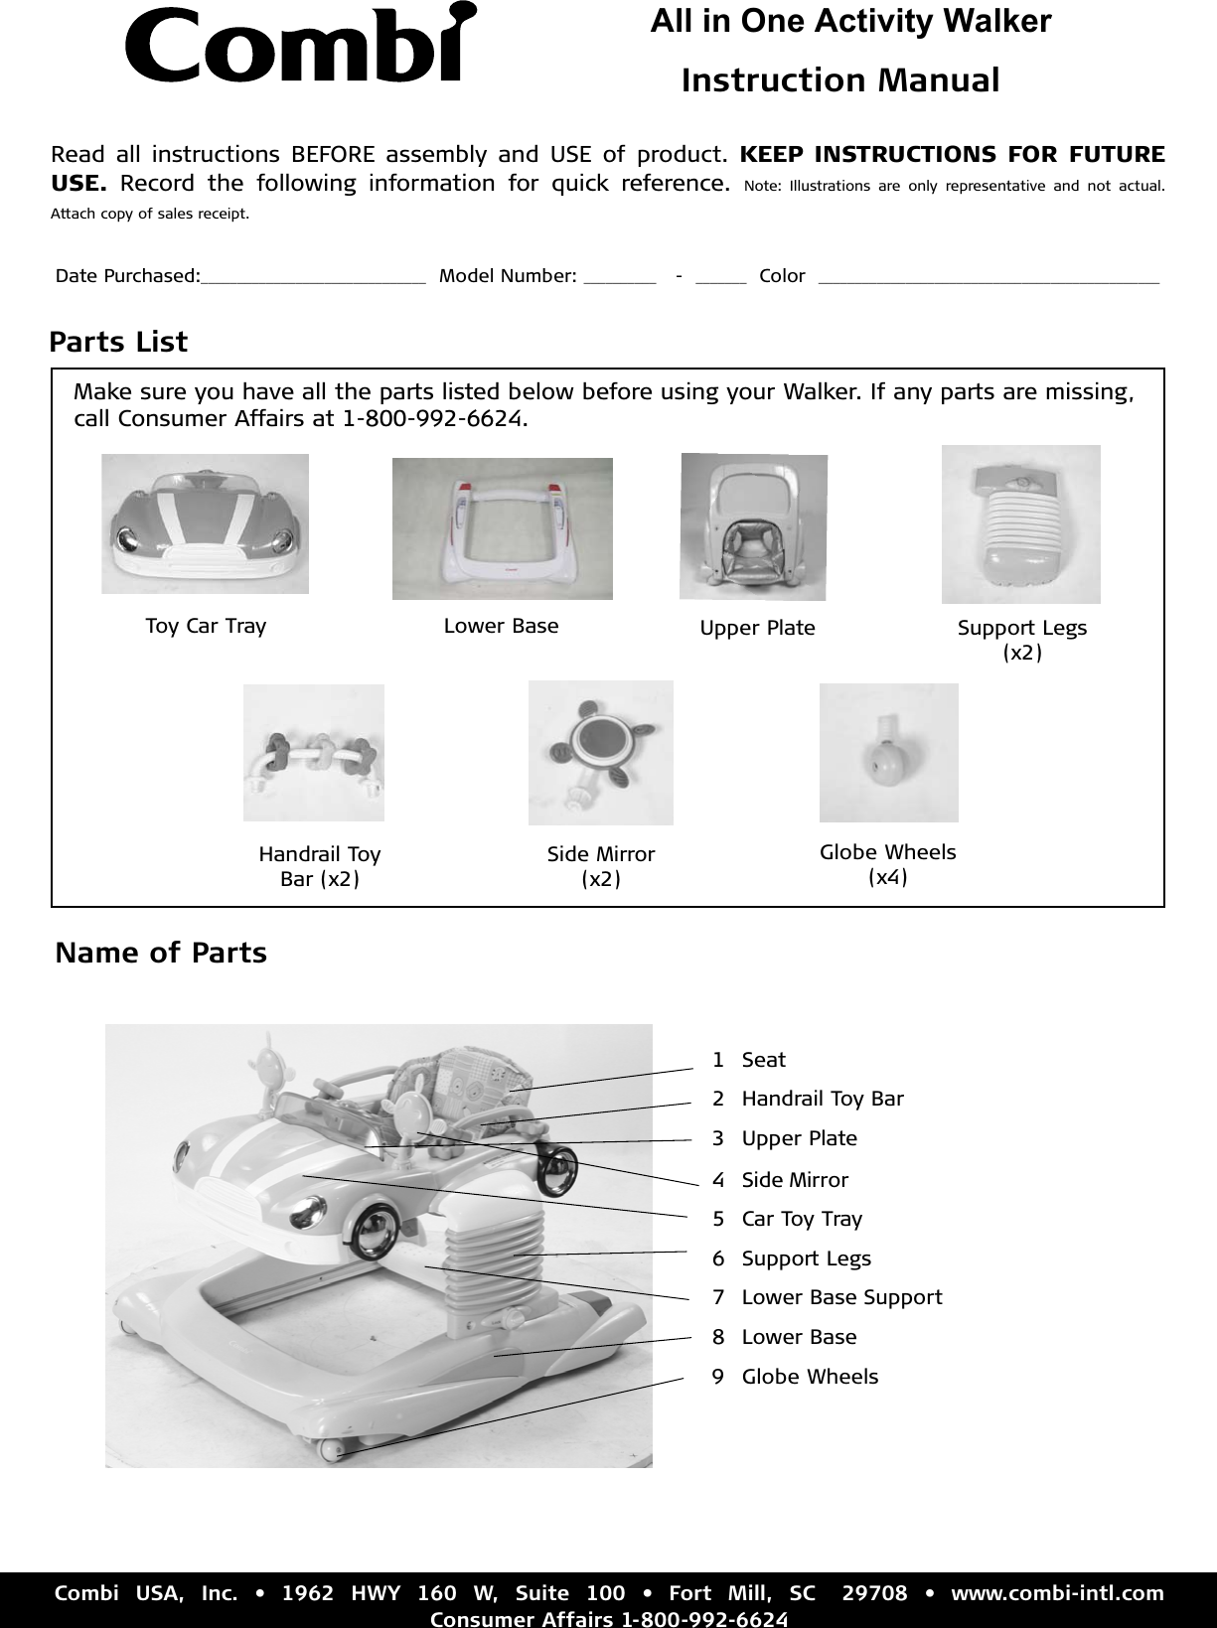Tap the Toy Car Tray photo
click(205, 523)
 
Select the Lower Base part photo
click(502, 528)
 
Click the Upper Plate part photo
click(753, 526)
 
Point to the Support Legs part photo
click(1020, 523)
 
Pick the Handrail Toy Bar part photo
click(313, 752)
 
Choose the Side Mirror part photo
click(600, 752)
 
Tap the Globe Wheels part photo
click(888, 752)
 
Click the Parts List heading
click(118, 342)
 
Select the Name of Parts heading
click(161, 953)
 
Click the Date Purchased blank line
click(313, 281)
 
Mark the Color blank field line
click(988, 281)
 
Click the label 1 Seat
click(749, 1060)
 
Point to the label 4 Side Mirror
click(781, 1180)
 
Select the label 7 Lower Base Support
click(828, 1297)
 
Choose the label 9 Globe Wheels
click(796, 1377)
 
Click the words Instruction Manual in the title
click(840, 80)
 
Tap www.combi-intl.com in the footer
click(1057, 1594)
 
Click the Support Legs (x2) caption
click(1022, 640)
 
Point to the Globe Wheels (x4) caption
click(887, 864)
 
